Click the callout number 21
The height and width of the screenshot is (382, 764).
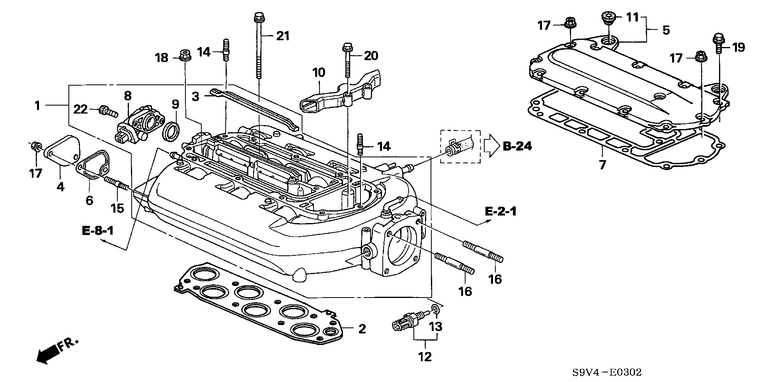pyautogui.click(x=283, y=36)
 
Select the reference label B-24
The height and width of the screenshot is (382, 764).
pyautogui.click(x=517, y=146)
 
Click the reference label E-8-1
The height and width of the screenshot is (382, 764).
pyautogui.click(x=98, y=231)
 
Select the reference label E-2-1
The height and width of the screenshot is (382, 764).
pyautogui.click(x=501, y=211)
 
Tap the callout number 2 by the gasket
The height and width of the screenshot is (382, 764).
pyautogui.click(x=362, y=329)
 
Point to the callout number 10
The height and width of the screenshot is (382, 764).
pyautogui.click(x=319, y=73)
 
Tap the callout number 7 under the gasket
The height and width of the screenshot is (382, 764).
pyautogui.click(x=602, y=164)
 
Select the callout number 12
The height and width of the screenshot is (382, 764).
pyautogui.click(x=425, y=357)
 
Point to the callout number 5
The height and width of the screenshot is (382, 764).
pyautogui.click(x=666, y=30)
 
